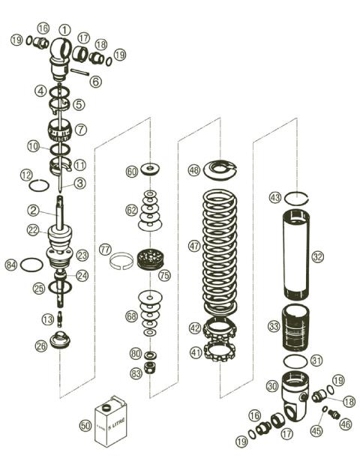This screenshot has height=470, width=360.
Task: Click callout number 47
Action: pyautogui.click(x=194, y=245)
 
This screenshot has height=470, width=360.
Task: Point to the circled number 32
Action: pyautogui.click(x=318, y=256)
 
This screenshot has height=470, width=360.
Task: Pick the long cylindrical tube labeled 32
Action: pyautogui.click(x=296, y=255)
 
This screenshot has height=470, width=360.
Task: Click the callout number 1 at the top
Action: pyautogui.click(x=64, y=30)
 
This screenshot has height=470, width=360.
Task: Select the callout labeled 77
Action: pyautogui.click(x=105, y=248)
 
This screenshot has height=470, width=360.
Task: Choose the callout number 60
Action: pyautogui.click(x=132, y=172)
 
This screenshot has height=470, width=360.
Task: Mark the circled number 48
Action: pyautogui.click(x=194, y=171)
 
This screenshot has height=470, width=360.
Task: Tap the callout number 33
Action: pyautogui.click(x=274, y=327)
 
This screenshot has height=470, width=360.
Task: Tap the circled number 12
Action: pyautogui.click(x=25, y=175)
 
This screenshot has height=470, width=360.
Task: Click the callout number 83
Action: pyautogui.click(x=135, y=373)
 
